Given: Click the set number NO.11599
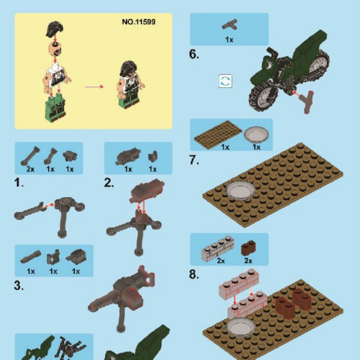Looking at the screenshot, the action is point(139,22).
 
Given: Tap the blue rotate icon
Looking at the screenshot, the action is point(225,81).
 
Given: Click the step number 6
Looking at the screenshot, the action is point(194,54).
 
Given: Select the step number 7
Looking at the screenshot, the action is point(194,160).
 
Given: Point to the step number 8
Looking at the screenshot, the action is point(194,274).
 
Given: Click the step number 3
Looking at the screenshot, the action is point(19,286).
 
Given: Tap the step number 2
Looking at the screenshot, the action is point(109,183).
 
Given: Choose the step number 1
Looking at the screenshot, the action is point(19,183).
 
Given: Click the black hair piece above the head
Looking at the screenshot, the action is point(54,29).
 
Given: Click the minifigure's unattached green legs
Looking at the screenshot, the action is point(55,108).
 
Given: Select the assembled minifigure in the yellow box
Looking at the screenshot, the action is point(130,85).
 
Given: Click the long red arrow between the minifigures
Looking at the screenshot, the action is point(94,86).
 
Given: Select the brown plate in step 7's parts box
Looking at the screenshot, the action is point(218,135).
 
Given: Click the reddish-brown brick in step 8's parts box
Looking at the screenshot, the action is point(248,248).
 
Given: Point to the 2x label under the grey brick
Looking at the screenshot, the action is point(220,261).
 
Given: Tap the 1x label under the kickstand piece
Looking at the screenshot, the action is point(229,40).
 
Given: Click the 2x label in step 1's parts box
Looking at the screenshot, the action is point(30,169).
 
